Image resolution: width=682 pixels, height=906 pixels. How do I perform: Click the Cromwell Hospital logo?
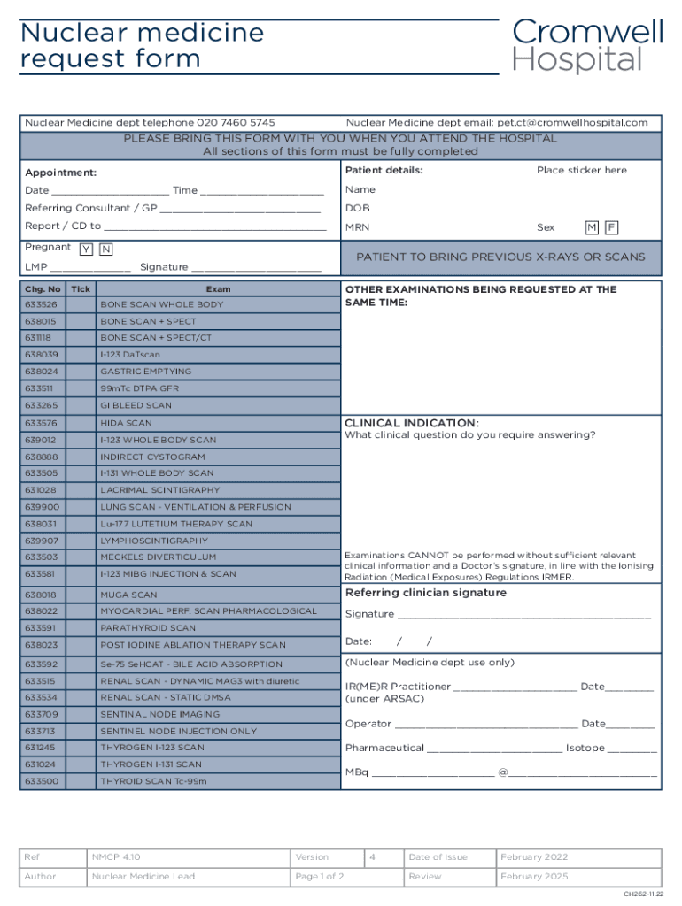[x=587, y=46]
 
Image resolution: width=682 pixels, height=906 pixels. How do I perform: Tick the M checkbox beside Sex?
[x=591, y=228]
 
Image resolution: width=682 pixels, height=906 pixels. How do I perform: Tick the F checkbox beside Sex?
[x=610, y=228]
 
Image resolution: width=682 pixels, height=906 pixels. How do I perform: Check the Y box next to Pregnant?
[x=86, y=250]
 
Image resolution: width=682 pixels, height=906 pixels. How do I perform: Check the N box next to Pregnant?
[x=105, y=250]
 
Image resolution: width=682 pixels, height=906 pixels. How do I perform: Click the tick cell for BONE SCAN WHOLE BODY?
[x=81, y=305]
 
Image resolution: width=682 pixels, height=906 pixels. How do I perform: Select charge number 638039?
[x=42, y=355]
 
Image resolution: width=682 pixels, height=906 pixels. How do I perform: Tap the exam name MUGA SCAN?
[x=128, y=595]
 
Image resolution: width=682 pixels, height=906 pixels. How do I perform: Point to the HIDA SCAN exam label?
[x=126, y=424]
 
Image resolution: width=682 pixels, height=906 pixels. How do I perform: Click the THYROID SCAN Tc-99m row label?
[x=152, y=782]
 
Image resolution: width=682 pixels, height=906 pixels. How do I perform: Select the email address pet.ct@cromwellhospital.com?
[x=572, y=123]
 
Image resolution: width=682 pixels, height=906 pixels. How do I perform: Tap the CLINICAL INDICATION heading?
[x=411, y=423]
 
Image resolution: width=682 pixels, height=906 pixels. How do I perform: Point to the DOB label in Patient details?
[x=357, y=209]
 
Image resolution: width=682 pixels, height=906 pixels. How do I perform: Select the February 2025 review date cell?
[x=534, y=877]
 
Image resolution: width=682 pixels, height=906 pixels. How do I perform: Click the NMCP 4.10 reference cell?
[x=116, y=857]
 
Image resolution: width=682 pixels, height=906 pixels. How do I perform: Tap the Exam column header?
[x=218, y=289]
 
